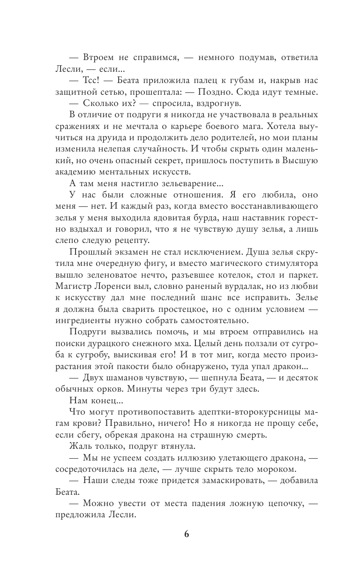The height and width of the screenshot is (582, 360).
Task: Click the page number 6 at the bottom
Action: [x=187, y=534]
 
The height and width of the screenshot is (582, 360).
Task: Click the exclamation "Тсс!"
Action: [x=93, y=82]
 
